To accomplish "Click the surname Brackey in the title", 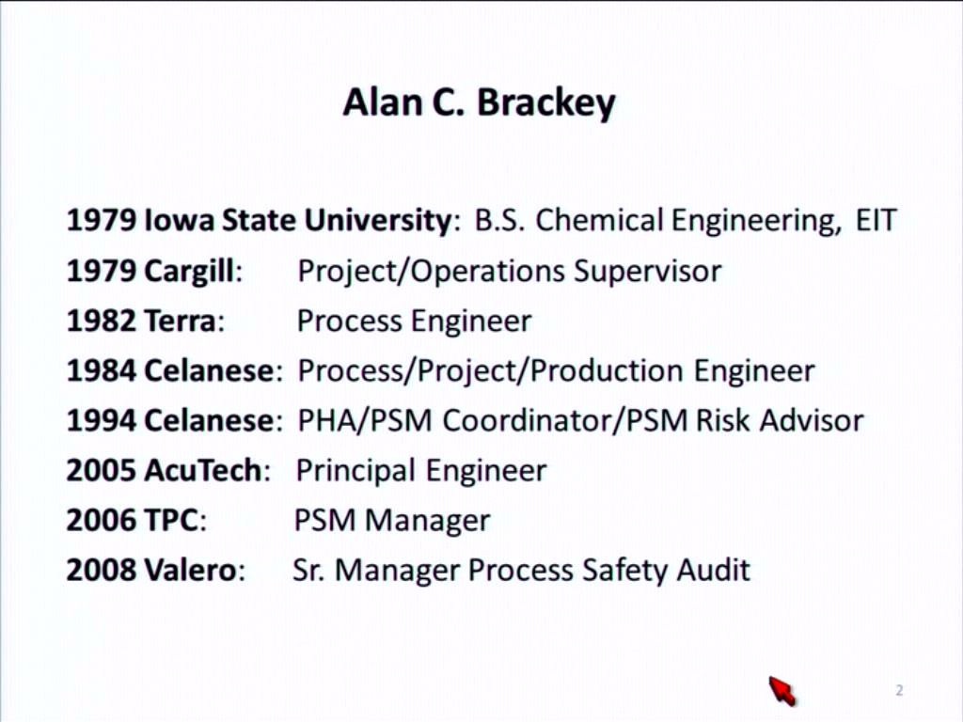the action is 546,103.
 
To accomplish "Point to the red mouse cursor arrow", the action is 781,691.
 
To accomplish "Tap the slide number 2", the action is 899,691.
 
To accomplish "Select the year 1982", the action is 102,321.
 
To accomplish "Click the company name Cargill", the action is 189,272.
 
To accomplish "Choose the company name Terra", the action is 180,321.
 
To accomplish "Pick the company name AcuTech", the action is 203,470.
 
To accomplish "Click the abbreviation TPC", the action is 171,520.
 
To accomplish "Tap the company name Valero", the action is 190,570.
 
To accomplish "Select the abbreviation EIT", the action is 876,220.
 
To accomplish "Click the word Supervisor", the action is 647,272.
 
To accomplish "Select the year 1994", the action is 102,420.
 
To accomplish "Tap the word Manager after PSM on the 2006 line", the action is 428,521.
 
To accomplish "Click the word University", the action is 378,220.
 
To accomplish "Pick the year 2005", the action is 102,470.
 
